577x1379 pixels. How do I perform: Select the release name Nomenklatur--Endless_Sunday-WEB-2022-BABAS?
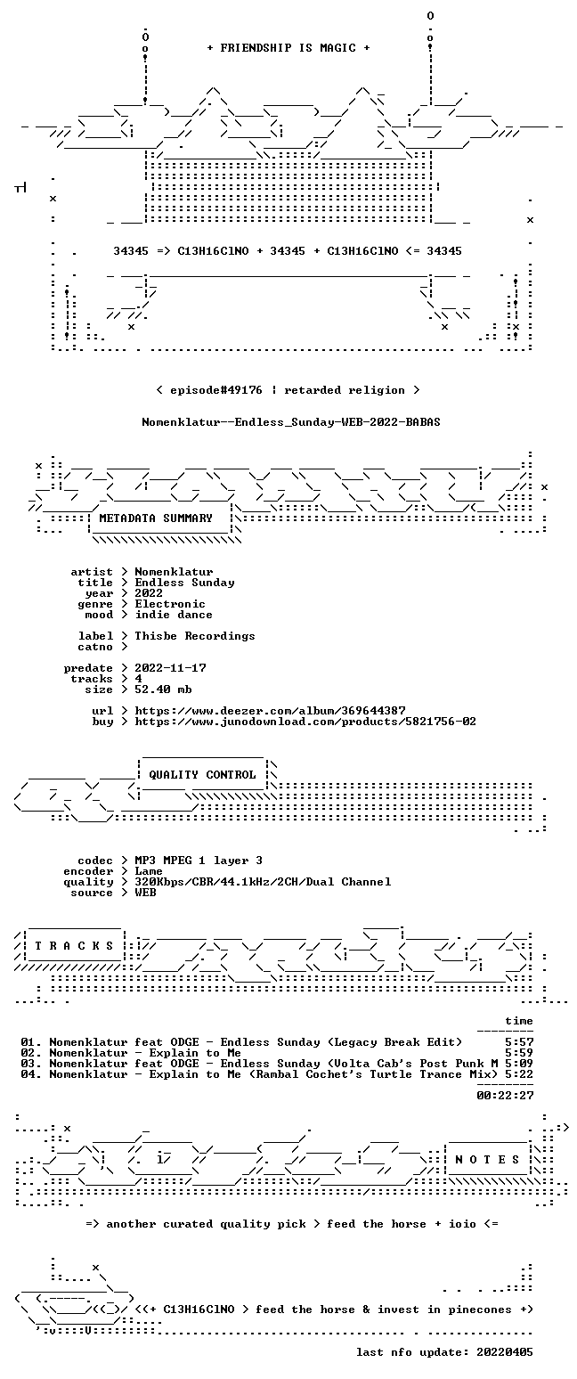[x=291, y=422]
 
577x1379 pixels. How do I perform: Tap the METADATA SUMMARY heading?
[x=156, y=518]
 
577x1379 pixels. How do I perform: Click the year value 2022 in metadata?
[x=149, y=593]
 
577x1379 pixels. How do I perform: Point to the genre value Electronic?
[x=170, y=604]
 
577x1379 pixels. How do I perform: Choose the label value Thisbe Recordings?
[x=195, y=636]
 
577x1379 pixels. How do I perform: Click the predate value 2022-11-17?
[x=170, y=668]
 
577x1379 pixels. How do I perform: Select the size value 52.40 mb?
[x=163, y=689]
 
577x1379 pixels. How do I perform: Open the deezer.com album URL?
[x=270, y=711]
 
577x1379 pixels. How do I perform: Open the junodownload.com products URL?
[x=305, y=722]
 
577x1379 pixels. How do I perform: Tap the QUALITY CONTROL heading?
[x=202, y=775]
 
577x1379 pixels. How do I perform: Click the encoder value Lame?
[x=149, y=871]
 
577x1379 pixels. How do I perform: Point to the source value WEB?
[x=146, y=893]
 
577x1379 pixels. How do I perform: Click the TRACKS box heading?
[x=75, y=945]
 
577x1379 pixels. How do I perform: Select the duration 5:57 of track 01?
[x=519, y=1042]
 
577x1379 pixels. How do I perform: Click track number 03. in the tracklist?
[x=31, y=1064]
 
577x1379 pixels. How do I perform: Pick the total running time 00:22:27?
[x=505, y=1096]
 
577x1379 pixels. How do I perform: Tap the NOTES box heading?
[x=488, y=1160]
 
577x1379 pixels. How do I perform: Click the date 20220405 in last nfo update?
[x=505, y=1352]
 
